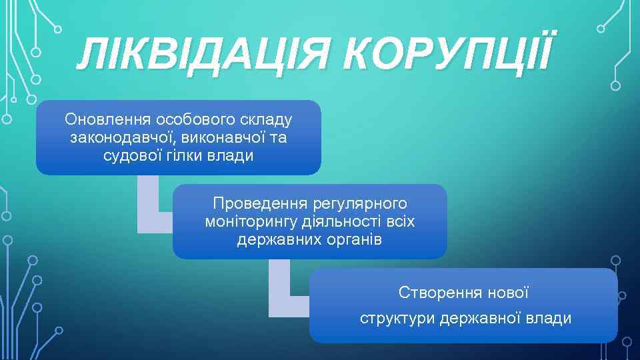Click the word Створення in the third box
click(432, 293)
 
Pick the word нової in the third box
click(509, 293)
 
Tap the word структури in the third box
click(397, 319)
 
